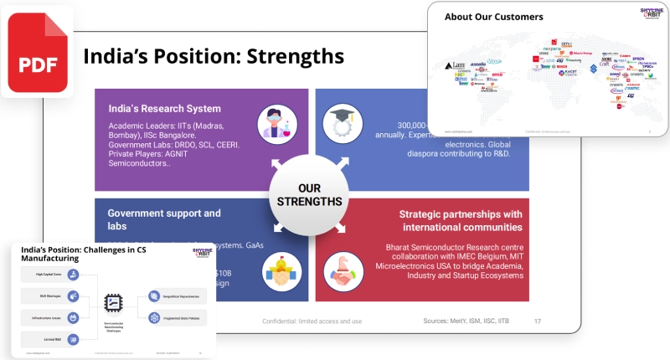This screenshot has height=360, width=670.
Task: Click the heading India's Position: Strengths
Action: (x=213, y=56)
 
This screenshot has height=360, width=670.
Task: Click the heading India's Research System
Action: (x=164, y=109)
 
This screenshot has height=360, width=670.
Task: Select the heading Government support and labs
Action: (x=164, y=219)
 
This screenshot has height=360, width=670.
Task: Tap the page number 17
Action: (x=537, y=321)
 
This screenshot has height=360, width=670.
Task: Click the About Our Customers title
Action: (x=493, y=17)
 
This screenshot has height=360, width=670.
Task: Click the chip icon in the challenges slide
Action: (x=111, y=303)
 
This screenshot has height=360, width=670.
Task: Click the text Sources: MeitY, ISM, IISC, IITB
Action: (x=466, y=321)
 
